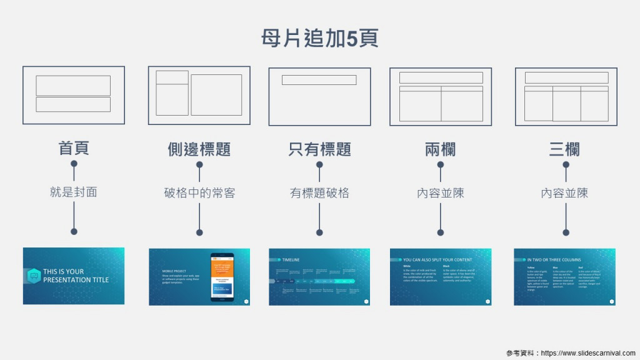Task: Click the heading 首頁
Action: (x=74, y=148)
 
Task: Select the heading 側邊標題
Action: (x=199, y=149)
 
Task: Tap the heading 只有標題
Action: (x=319, y=149)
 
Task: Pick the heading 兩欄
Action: (x=440, y=149)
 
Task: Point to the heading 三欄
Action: (x=564, y=149)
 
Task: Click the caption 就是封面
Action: (x=74, y=192)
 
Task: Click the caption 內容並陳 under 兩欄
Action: (x=440, y=193)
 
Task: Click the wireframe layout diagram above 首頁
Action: (x=74, y=95)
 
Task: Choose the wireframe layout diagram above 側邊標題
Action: (x=199, y=95)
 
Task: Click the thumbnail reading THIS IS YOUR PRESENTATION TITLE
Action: (x=74, y=276)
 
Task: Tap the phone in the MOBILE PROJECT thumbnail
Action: (x=222, y=277)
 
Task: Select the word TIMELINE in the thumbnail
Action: (x=291, y=260)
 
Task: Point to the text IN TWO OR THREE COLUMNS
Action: (x=554, y=260)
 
